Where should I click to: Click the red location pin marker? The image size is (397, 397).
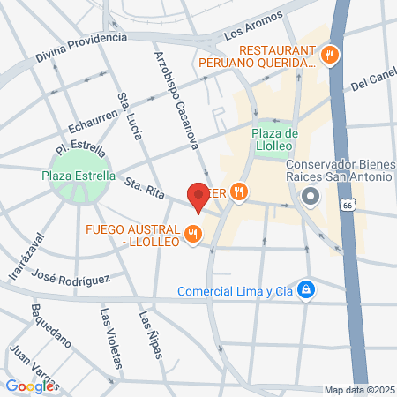point(198,196)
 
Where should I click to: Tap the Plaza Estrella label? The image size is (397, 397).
point(79,175)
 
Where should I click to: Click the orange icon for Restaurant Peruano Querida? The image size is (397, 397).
point(330,55)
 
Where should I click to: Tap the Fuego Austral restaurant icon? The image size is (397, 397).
point(194,235)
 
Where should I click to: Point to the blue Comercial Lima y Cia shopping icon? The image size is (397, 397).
point(305,289)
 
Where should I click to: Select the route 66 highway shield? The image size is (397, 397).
point(348,205)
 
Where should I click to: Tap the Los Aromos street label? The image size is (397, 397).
point(253,26)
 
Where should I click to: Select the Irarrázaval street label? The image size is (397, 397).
point(24,257)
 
